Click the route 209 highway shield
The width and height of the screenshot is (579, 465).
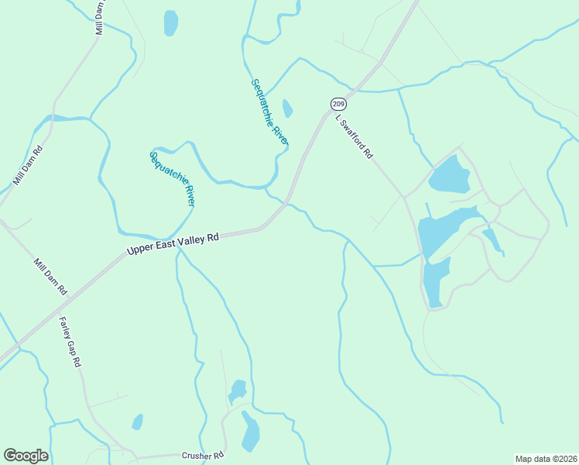click(337, 104)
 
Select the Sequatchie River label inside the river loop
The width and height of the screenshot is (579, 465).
click(172, 178)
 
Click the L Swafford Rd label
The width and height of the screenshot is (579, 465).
click(355, 136)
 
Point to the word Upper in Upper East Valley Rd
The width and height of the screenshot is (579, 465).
click(142, 250)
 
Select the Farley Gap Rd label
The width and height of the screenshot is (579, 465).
click(70, 341)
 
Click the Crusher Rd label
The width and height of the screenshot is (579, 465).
click(203, 456)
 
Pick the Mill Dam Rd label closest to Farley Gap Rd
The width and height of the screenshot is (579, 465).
click(50, 277)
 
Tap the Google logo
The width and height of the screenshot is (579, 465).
click(26, 456)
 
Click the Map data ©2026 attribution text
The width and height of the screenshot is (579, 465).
click(546, 458)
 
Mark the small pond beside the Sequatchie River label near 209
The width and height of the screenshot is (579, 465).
click(287, 108)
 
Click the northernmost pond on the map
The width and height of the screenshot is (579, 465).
click(170, 22)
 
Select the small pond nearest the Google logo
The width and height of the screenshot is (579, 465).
click(138, 422)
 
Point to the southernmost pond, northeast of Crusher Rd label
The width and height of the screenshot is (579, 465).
click(250, 432)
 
